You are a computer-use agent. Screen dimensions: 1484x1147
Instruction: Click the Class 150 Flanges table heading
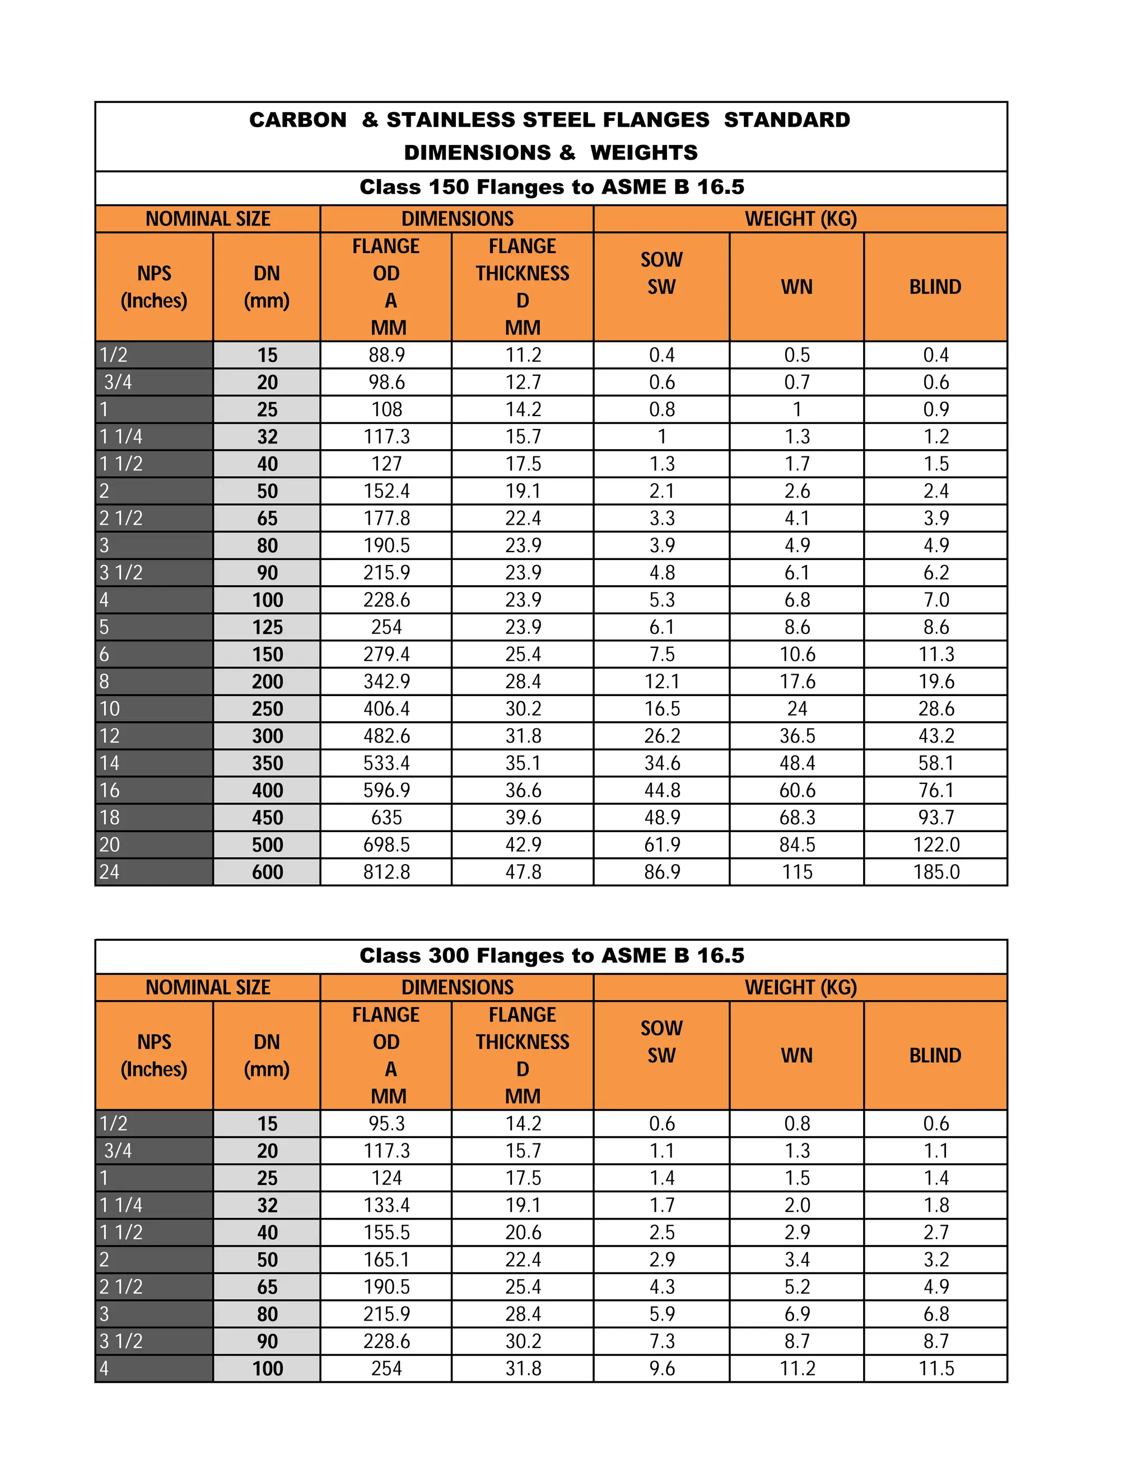pos(551,187)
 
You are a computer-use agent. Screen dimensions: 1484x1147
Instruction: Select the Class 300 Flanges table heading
pos(551,955)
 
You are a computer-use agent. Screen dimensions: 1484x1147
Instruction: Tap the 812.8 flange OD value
pos(386,872)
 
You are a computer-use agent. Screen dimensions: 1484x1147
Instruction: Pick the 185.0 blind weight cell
pos(936,872)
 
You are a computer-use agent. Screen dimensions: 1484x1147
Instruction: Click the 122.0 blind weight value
pos(936,844)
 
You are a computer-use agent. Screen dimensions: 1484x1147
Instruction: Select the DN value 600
pos(267,872)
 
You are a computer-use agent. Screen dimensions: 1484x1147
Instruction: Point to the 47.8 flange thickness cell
pos(523,872)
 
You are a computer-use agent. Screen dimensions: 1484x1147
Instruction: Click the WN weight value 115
pos(796,872)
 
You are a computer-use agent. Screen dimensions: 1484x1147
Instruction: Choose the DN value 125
pos(267,627)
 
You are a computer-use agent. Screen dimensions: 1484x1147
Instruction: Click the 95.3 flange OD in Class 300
pos(386,1123)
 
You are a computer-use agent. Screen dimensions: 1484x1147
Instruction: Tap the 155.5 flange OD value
pos(386,1232)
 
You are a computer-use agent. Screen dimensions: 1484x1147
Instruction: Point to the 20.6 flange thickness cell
pos(523,1232)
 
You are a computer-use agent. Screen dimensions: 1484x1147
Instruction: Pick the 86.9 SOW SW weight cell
pos(661,872)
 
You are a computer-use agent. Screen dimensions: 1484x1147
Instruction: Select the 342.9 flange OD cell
pos(386,682)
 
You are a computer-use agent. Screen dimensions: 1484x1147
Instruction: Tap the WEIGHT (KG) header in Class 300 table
pos(800,987)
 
